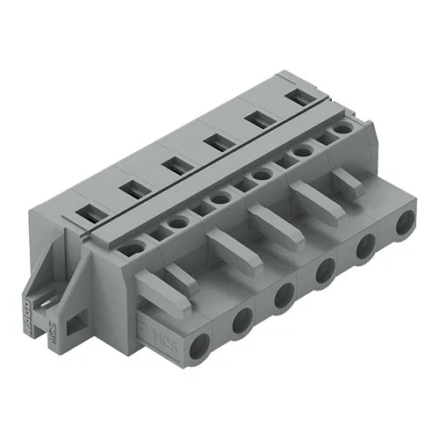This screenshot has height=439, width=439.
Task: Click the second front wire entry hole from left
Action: (x=241, y=324)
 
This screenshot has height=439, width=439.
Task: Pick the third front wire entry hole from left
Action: (x=283, y=296)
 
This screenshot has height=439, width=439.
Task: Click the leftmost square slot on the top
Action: (x=90, y=211)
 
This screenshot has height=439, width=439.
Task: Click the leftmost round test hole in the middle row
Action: (x=133, y=248)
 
